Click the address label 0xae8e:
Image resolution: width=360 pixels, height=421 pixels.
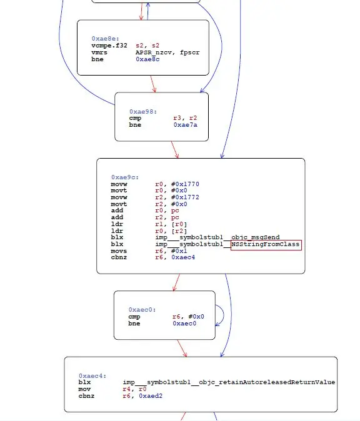click(x=105, y=39)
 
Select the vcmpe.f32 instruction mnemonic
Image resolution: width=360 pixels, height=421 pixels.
click(x=109, y=46)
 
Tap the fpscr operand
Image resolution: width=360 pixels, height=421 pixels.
click(x=189, y=52)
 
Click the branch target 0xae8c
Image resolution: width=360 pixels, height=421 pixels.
click(x=147, y=59)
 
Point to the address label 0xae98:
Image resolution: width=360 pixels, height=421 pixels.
click(x=143, y=112)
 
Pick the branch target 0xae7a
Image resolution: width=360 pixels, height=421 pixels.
click(x=186, y=125)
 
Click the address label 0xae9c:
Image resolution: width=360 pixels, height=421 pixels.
click(x=125, y=177)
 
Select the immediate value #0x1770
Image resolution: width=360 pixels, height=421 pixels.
click(x=185, y=184)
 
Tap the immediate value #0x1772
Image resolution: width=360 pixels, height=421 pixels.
click(x=185, y=197)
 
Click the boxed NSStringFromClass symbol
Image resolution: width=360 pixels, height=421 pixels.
click(x=266, y=245)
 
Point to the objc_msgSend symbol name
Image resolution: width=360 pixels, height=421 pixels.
click(x=256, y=237)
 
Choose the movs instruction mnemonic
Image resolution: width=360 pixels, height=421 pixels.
click(x=119, y=251)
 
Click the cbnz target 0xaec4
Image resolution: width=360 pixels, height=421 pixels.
click(x=183, y=257)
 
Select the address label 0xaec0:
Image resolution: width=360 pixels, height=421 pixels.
click(x=142, y=310)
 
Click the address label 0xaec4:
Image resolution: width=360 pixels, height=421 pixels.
click(x=92, y=376)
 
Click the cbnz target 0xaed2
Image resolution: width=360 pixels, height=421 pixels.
click(x=151, y=396)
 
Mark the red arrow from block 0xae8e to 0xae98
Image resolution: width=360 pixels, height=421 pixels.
click(x=153, y=84)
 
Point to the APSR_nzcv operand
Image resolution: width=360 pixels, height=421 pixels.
click(x=154, y=52)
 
